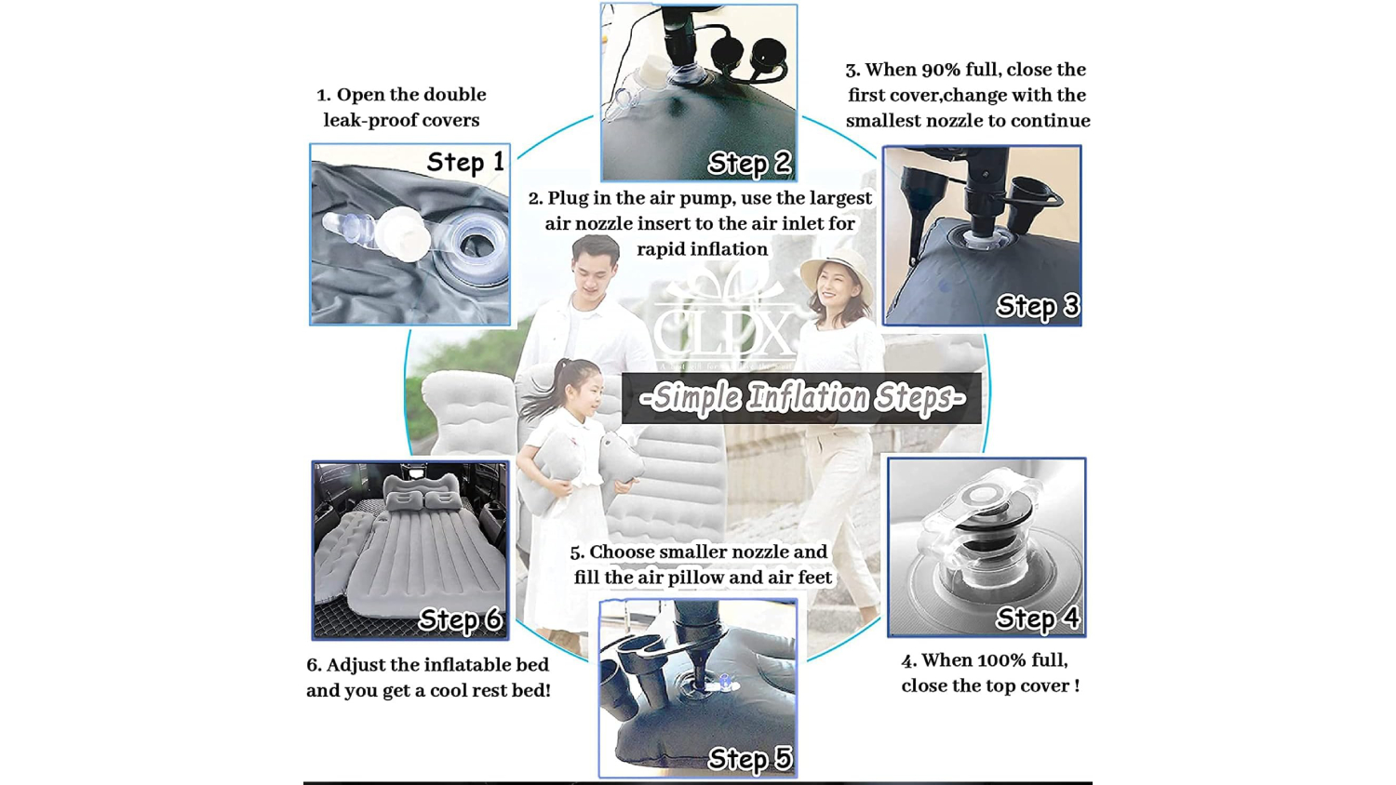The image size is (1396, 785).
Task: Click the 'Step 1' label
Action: (x=465, y=162)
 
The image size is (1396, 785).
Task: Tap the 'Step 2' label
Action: (x=750, y=163)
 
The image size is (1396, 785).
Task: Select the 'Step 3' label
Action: (x=1038, y=306)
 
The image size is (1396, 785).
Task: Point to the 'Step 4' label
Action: (x=1038, y=618)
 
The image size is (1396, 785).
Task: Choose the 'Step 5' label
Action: (x=750, y=758)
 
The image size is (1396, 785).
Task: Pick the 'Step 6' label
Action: (x=461, y=619)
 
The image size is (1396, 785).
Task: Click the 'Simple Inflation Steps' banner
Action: (x=802, y=398)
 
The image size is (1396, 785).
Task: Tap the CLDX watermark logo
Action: (x=724, y=323)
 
